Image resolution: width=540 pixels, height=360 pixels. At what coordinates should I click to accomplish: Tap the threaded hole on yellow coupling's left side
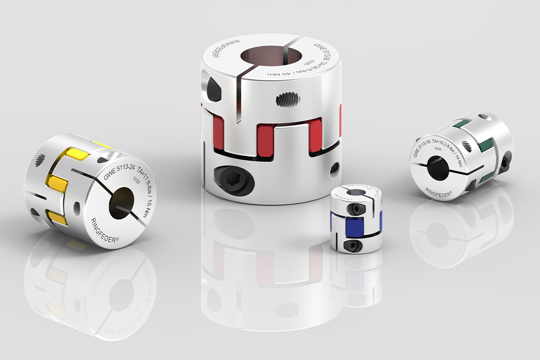40,159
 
